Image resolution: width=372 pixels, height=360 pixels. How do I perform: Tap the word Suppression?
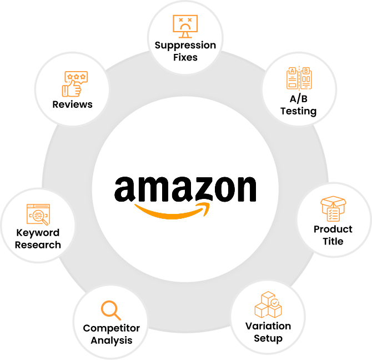(185, 45)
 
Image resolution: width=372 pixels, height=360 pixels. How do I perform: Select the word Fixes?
(185, 57)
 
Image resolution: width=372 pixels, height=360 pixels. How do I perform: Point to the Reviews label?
(72, 104)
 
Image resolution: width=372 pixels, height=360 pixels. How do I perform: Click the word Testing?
(298, 111)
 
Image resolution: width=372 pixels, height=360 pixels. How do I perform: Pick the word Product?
(333, 229)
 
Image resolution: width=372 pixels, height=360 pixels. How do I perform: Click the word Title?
(333, 241)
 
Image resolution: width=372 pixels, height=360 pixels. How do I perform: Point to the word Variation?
(268, 326)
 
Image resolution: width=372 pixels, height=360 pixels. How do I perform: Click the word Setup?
(268, 338)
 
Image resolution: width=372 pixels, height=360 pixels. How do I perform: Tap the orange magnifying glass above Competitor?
(111, 309)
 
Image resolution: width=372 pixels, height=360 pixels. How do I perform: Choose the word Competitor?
(111, 328)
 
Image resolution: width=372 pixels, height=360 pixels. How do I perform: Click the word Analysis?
(111, 340)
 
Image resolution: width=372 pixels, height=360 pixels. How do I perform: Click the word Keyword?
(38, 233)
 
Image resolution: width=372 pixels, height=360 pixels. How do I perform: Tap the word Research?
(38, 244)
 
